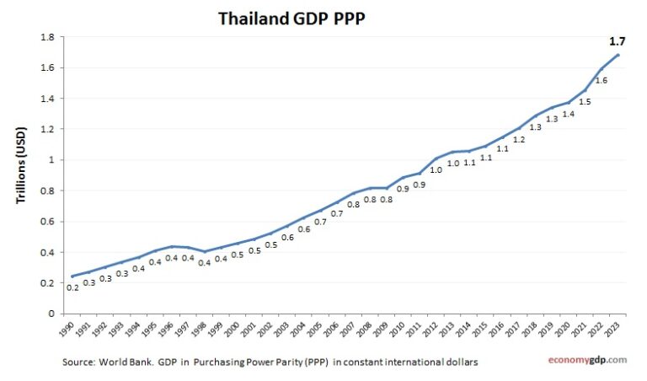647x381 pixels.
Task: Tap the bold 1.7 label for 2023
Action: (617, 40)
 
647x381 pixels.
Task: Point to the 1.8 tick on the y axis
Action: (47, 37)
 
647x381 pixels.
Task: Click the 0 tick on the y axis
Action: (51, 314)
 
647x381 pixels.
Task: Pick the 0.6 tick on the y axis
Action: (47, 222)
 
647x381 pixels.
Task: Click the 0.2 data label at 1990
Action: (73, 287)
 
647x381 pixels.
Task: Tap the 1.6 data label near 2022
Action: (601, 80)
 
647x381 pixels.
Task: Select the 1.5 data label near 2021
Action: (585, 101)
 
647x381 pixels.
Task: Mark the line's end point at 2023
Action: (618, 55)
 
